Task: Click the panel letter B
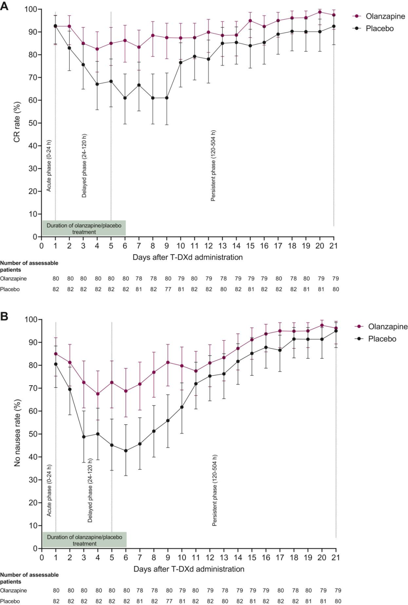pos(4,316)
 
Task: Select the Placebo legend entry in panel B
pos(382,339)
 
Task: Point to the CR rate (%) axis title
pos(17,122)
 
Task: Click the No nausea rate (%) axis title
pos(17,433)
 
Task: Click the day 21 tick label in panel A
pos(334,246)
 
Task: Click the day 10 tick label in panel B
pos(182,557)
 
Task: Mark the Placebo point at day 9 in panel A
pos(167,98)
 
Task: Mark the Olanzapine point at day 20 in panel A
pos(320,12)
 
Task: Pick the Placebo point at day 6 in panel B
pos(126,451)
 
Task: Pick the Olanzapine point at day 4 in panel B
pos(98,394)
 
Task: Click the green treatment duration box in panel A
pos(84,228)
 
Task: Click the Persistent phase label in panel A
pos(213,165)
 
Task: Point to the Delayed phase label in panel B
pos(90,490)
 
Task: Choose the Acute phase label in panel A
pos(49,166)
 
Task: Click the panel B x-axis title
pos(189,569)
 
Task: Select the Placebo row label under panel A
pos(10,289)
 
